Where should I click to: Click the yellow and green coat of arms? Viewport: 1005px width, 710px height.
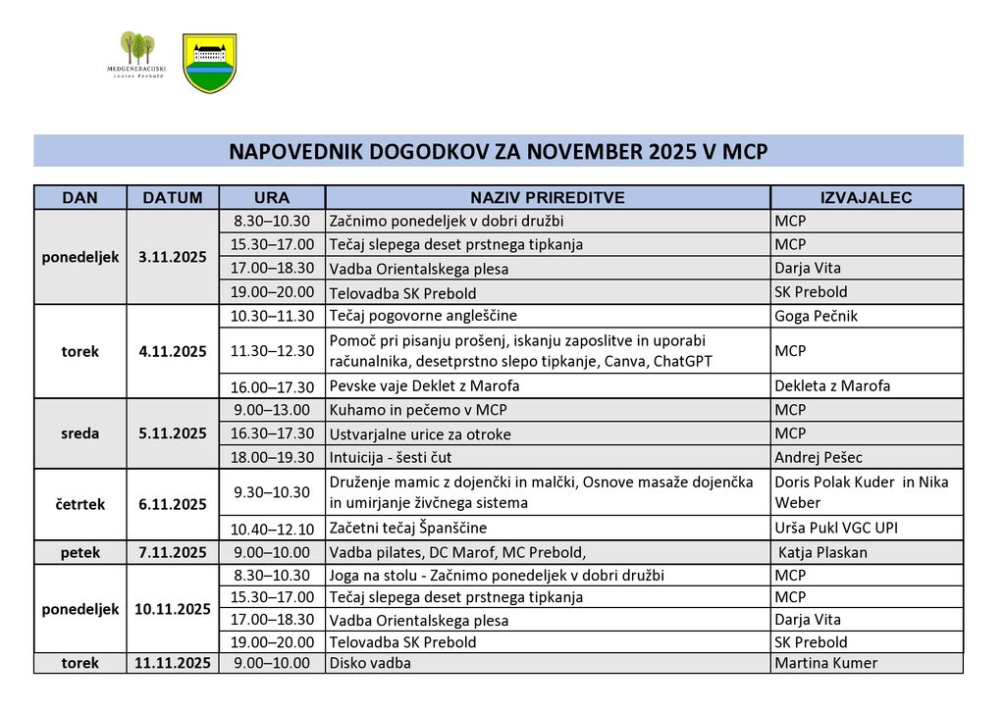pos(209,63)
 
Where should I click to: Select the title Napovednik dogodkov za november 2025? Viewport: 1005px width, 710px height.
pos(498,152)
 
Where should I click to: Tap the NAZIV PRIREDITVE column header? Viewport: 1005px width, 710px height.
pos(547,197)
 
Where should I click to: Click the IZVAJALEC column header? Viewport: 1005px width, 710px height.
pos(866,197)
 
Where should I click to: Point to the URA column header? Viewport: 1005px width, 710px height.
pos(272,197)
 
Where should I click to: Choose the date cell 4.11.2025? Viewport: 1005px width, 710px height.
pos(173,351)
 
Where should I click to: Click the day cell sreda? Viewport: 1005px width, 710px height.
pos(79,433)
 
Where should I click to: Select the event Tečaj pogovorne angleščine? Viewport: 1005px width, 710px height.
pos(423,316)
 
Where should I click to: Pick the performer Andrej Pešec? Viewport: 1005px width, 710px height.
pos(819,457)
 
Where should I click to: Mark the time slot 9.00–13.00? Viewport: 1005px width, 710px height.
pos(272,410)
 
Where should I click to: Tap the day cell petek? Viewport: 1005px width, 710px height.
pos(79,552)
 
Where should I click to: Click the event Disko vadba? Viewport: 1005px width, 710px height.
pos(370,663)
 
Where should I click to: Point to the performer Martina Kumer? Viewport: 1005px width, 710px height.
pos(825,663)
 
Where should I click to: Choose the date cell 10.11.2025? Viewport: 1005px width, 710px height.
pos(173,609)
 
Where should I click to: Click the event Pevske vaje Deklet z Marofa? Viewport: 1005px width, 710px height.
pos(424,386)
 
